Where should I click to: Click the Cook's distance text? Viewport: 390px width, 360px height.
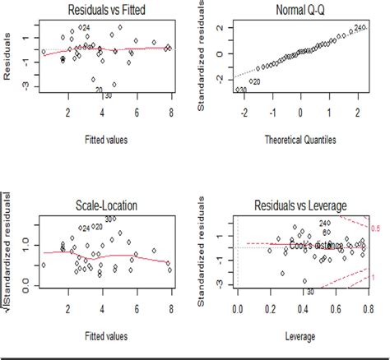coord(316,245)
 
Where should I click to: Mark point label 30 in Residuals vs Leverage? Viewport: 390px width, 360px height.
coord(309,291)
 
